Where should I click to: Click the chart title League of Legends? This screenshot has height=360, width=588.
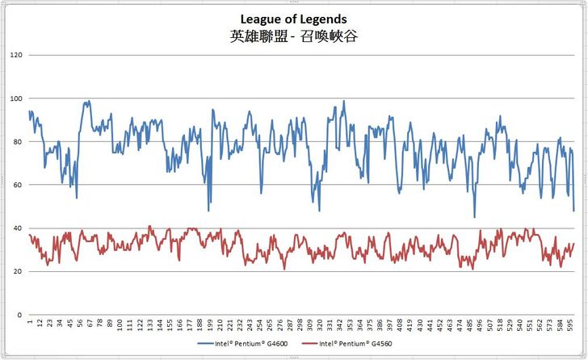(293, 19)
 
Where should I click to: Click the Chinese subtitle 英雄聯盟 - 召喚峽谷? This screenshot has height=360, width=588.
(293, 36)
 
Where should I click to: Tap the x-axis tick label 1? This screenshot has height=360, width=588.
(30, 322)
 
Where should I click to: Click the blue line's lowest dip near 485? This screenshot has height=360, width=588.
(474, 217)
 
